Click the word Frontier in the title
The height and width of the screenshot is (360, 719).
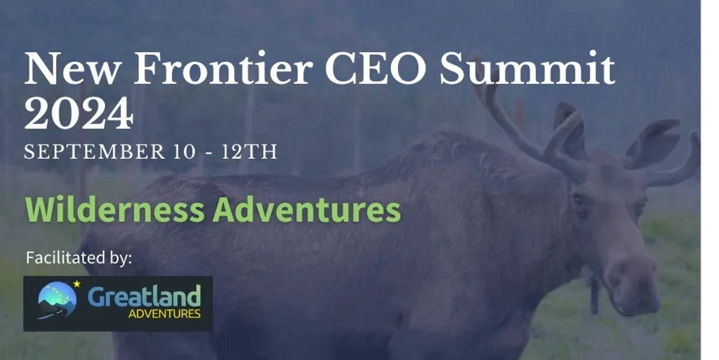point(224,69)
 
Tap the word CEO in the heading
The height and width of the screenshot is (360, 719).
point(376,69)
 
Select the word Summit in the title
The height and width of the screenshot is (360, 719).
point(527,69)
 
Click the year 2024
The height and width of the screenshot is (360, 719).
point(78,113)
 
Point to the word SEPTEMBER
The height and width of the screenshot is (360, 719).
point(94,152)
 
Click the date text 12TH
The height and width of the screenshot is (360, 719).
point(249,152)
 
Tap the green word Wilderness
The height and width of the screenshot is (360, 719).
point(114,210)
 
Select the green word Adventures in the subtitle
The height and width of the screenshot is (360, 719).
point(307,210)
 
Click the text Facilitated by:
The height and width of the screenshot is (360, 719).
point(79,258)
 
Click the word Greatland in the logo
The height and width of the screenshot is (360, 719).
point(144,296)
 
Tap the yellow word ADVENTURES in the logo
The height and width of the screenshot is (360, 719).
point(165,314)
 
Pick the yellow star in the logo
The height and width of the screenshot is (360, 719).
point(77,284)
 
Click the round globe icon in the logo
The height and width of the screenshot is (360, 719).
point(57,300)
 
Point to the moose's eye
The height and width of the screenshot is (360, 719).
point(578,200)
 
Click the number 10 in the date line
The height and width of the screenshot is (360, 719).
point(184,152)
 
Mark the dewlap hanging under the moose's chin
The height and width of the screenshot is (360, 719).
point(594,295)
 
